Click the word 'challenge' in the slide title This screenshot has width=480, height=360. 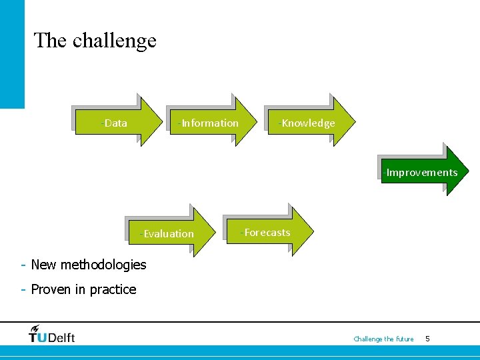click(115, 41)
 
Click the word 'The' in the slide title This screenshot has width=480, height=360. click(51, 41)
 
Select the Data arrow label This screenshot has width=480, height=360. click(115, 123)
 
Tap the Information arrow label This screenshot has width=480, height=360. click(209, 123)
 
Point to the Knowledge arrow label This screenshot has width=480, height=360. click(307, 123)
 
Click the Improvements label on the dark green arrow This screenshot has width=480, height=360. click(421, 172)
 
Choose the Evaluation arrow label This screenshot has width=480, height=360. click(167, 233)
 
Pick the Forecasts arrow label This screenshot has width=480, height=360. click(265, 232)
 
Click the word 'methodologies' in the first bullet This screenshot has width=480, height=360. click(103, 265)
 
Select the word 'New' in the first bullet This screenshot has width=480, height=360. click(44, 265)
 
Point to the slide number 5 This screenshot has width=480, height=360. click(427, 339)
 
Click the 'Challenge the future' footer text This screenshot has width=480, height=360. click(383, 339)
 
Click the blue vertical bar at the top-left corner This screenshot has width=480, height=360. click(12, 53)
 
